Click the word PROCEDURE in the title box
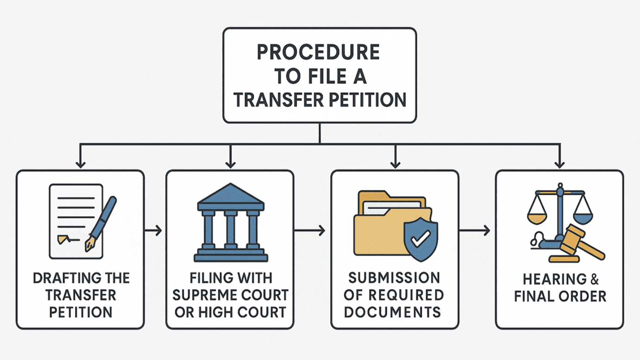click(x=319, y=52)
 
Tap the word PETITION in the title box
click(x=366, y=100)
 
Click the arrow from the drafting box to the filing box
click(x=154, y=230)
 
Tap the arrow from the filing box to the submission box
click(x=310, y=230)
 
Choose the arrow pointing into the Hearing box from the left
click(x=475, y=230)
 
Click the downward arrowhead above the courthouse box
click(x=230, y=164)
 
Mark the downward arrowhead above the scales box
click(x=560, y=164)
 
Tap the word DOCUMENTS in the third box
click(x=393, y=311)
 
